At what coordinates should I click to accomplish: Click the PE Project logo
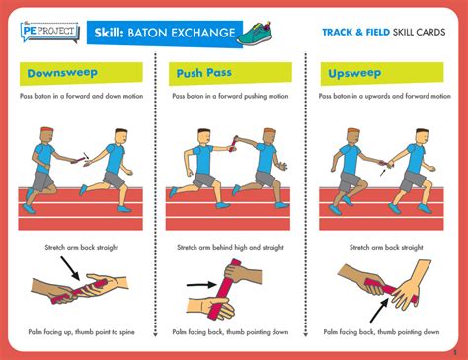[49, 32]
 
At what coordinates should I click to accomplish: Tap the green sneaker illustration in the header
[255, 34]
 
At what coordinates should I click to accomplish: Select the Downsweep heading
[62, 73]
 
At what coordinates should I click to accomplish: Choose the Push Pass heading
[204, 73]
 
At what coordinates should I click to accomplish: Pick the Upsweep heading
[354, 73]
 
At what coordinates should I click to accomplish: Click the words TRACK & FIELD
[355, 32]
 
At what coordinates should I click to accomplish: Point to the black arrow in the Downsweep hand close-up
[70, 268]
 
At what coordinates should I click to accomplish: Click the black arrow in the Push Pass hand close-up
[201, 284]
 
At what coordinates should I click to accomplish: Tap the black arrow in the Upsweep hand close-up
[379, 310]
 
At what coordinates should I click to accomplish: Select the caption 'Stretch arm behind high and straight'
[230, 247]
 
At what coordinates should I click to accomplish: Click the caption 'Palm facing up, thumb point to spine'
[81, 332]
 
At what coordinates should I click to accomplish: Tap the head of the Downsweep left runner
[47, 135]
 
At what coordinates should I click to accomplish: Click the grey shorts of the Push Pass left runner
[203, 180]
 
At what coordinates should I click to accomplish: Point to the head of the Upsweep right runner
[422, 136]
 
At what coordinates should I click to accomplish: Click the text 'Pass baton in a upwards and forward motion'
[384, 96]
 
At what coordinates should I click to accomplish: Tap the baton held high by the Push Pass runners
[234, 143]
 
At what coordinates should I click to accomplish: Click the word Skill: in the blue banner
[109, 33]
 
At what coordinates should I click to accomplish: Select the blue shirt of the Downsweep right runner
[116, 159]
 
